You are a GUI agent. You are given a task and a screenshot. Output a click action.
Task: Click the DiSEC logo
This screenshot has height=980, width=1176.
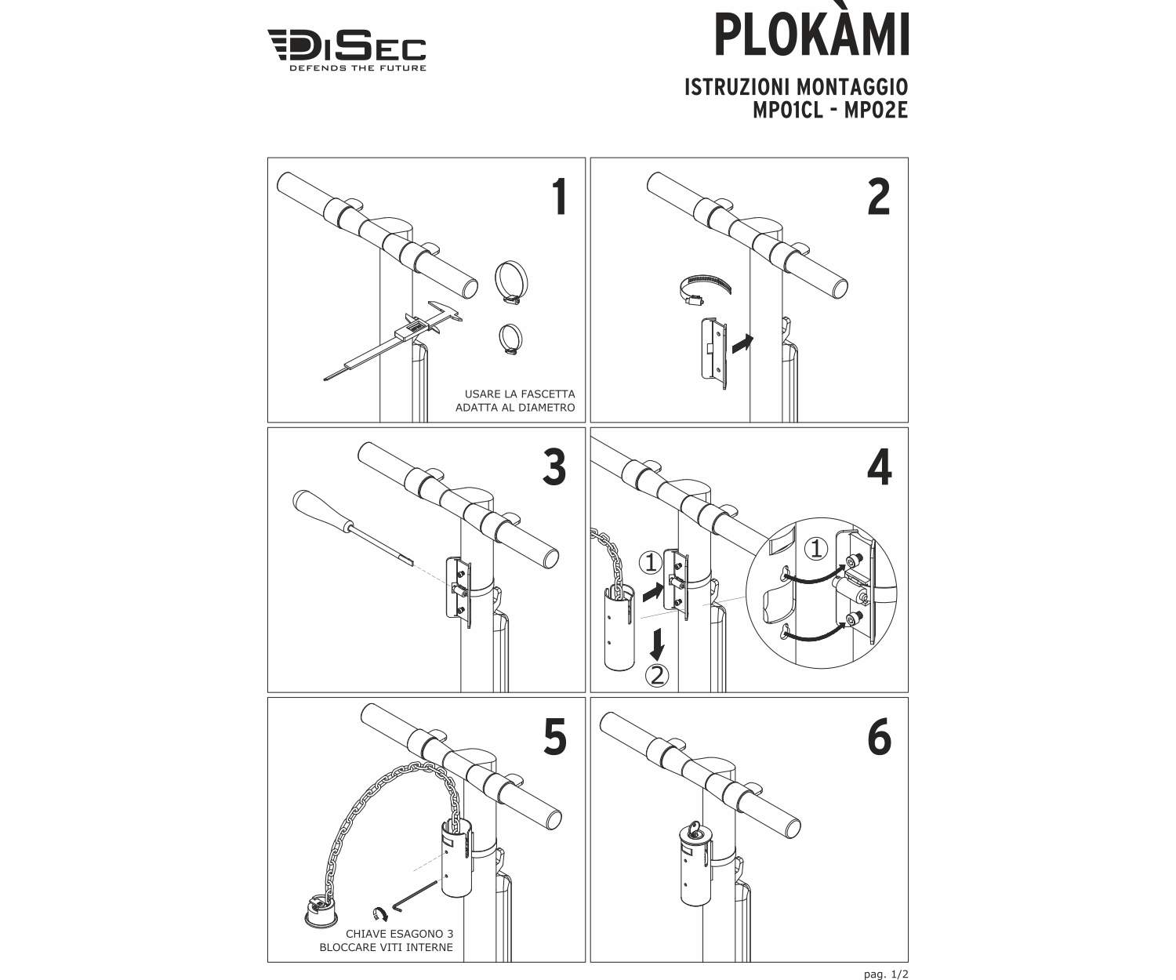tap(347, 49)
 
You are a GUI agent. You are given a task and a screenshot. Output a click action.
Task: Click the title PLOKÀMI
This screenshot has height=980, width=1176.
tap(811, 35)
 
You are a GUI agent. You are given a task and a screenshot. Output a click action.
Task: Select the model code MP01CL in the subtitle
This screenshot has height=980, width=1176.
tap(787, 111)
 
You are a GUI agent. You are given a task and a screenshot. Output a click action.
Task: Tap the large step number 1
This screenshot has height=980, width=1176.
tap(558, 197)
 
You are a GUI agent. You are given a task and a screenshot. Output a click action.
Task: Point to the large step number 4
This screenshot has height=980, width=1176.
tap(880, 468)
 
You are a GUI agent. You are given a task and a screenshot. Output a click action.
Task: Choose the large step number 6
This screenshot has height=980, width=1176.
tap(880, 738)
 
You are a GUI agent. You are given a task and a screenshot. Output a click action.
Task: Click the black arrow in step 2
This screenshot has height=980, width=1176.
tap(741, 343)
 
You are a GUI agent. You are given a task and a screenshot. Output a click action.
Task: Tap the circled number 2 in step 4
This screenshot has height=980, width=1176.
tap(657, 674)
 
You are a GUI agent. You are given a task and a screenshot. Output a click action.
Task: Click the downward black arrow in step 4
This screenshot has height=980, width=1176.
tap(658, 644)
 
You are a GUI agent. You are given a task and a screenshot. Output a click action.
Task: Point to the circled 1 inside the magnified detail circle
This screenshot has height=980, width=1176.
tap(816, 549)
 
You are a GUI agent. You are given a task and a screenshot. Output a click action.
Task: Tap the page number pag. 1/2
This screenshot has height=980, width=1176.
tap(885, 974)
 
